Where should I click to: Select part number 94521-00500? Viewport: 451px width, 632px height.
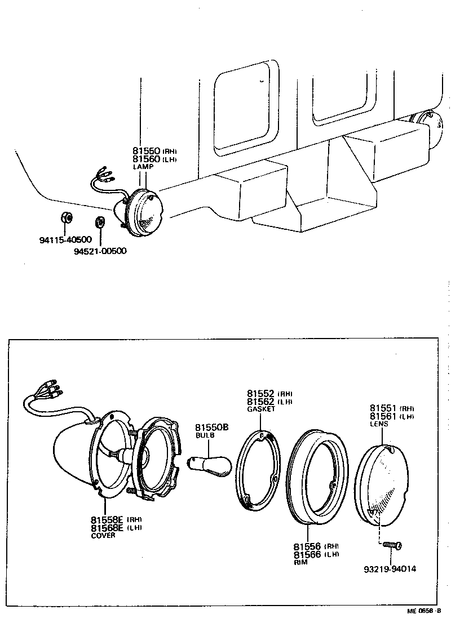coord(100,251)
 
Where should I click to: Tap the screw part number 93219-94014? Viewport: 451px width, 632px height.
coord(390,568)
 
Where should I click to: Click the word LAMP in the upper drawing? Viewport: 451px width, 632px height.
coord(143,167)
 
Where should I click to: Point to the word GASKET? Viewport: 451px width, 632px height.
coord(261,410)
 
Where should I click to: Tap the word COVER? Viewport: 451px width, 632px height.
coord(103,536)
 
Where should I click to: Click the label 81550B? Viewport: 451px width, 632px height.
coord(212,428)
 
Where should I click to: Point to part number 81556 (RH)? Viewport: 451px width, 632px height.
coord(315,546)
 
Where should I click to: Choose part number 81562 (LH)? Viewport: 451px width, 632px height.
coord(269,402)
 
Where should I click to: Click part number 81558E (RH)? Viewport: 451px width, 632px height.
coord(116,519)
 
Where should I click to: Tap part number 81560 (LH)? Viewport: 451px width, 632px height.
coord(154,159)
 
